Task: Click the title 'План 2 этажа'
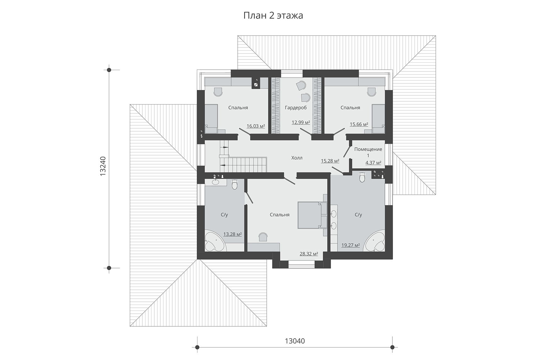pos(273,16)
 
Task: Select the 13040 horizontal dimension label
pos(295,341)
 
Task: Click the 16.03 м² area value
pos(256,126)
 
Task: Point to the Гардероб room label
pos(296,108)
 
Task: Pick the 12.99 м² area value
pos(301,122)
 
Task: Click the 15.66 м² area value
pos(359,124)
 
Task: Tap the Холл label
pos(297,158)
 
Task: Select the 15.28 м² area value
pos(330,161)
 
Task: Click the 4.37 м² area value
pos(373,163)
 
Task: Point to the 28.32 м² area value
pos(309,254)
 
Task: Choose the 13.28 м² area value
pos(232,234)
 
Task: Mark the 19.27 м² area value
pos(350,245)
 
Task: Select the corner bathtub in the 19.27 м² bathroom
pos(374,242)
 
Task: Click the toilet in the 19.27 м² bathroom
pos(362,177)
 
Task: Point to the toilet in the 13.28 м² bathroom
pos(234,185)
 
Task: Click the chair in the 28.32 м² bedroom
pos(263,237)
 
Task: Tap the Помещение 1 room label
pos(368,152)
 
